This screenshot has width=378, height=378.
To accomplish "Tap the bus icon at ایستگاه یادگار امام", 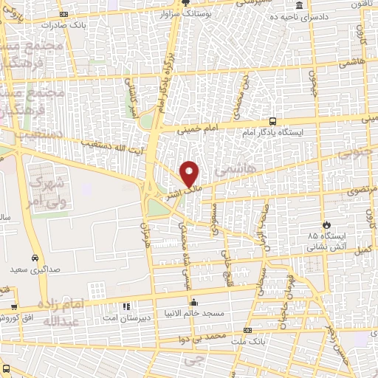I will (x=273, y=121).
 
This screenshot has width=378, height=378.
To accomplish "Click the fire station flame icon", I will (x=326, y=223).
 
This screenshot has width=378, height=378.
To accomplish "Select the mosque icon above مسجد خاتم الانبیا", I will (x=193, y=301).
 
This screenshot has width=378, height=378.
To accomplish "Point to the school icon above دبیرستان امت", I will (x=126, y=305).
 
